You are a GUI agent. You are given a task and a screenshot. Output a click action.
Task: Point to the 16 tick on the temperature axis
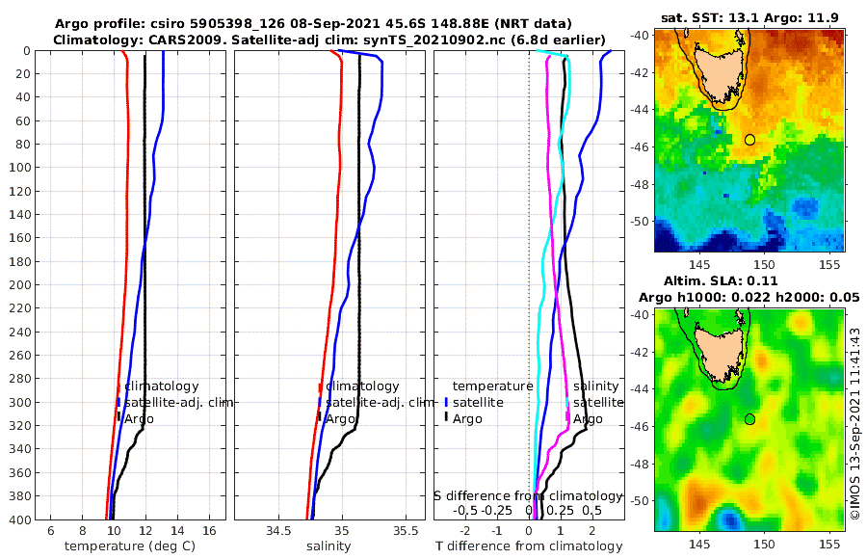(x=208, y=530)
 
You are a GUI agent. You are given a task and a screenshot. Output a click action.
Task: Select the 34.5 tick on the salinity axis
(x=278, y=530)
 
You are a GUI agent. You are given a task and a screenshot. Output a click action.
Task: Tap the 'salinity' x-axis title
(x=328, y=546)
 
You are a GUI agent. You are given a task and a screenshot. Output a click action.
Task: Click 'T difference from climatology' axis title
(x=529, y=546)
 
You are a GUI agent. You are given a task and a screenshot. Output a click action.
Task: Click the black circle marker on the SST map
(x=749, y=140)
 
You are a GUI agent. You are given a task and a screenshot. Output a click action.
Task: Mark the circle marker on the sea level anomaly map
(x=749, y=419)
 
